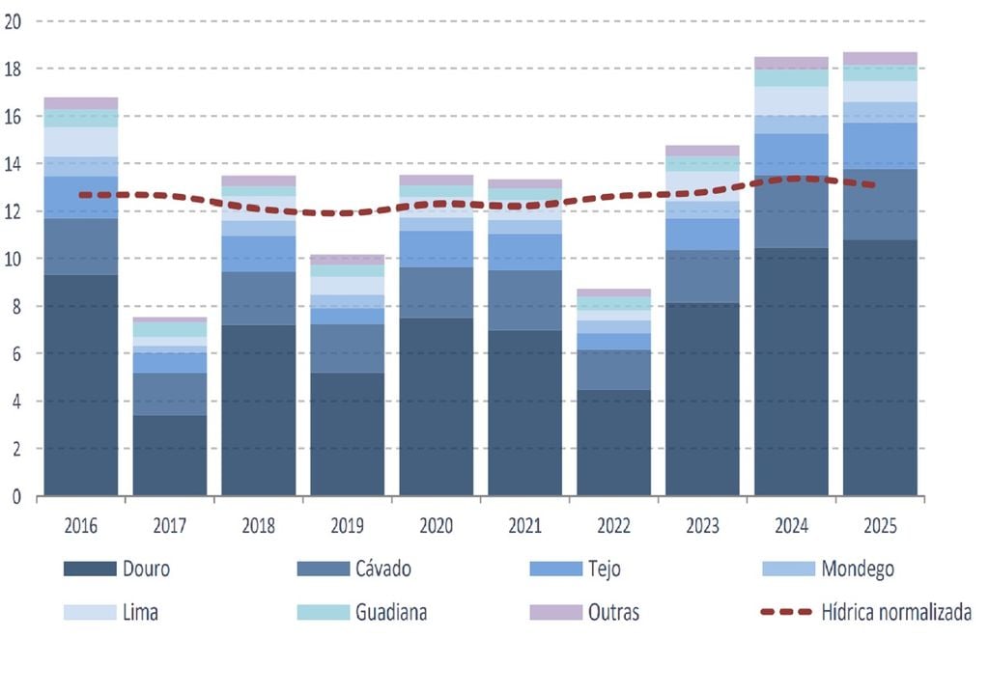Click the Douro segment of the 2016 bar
81,386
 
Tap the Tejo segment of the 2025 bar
880,146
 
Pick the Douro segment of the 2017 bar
170,456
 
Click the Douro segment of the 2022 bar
613,443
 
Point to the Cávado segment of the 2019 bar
348,347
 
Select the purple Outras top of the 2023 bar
702,151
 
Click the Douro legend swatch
90,570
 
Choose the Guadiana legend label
391,613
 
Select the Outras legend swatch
556,613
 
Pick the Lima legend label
141,613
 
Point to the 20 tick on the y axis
14,21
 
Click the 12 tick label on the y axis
14,211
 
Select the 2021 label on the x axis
524,527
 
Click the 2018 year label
259,527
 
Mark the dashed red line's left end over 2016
81,195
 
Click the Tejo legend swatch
556,570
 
